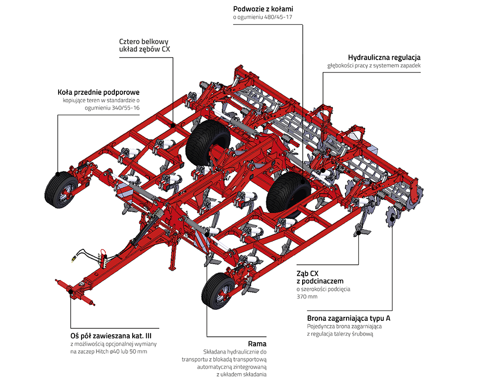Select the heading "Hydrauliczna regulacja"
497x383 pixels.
click(x=384, y=57)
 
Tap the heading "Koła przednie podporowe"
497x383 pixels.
click(x=98, y=92)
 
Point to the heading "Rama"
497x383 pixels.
click(x=257, y=344)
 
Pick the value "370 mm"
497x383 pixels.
click(x=307, y=297)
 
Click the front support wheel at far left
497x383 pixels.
click(x=59, y=191)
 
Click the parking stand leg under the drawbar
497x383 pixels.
click(x=173, y=256)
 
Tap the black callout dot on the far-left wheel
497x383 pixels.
click(x=58, y=174)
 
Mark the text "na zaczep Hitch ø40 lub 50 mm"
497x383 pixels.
click(x=109, y=352)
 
